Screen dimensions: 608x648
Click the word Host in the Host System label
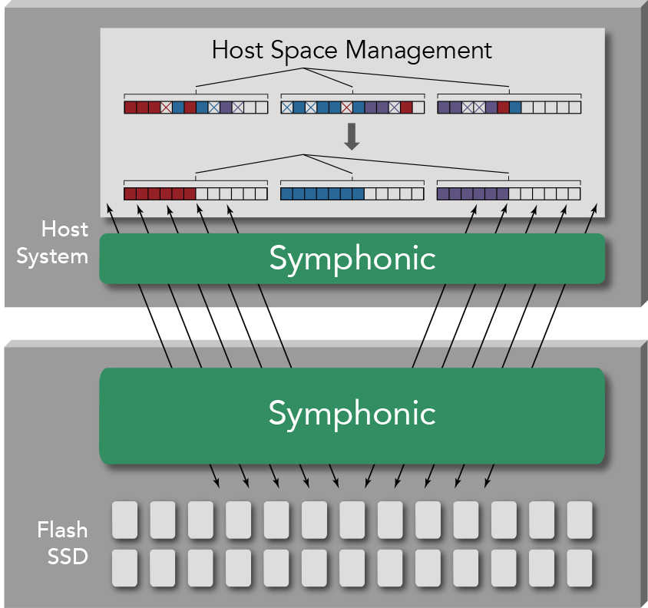(65, 229)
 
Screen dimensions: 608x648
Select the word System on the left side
(52, 256)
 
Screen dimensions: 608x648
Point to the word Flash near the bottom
(63, 530)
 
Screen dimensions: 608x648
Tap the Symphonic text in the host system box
(352, 259)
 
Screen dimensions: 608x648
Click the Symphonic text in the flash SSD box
(352, 413)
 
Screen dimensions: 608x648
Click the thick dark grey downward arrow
(352, 136)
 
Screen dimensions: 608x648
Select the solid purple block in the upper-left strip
(226, 107)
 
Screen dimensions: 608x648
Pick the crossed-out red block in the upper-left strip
(166, 107)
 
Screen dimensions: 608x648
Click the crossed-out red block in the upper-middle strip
(346, 107)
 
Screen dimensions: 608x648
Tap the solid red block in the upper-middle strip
(406, 107)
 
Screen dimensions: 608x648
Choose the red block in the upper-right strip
(503, 107)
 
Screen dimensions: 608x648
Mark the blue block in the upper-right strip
(515, 107)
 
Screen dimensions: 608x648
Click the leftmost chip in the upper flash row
(125, 520)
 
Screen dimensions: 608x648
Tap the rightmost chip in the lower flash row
(580, 568)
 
